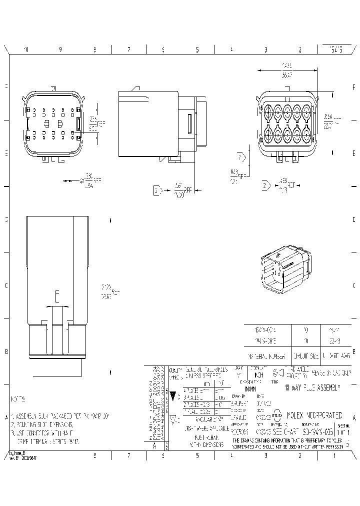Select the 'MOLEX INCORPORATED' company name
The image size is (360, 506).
pos(314,415)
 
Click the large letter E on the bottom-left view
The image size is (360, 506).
pos(57,297)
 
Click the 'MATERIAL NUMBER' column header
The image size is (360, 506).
pos(267,357)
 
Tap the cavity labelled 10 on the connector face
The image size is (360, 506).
pos(267,135)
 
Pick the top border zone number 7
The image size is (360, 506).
pos(129,49)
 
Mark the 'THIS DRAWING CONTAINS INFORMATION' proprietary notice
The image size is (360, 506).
pos(287,440)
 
